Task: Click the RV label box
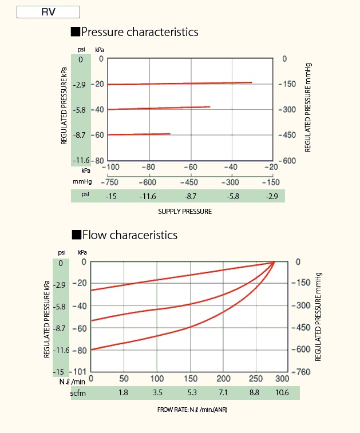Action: tap(48, 11)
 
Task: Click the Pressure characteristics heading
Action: tap(140, 31)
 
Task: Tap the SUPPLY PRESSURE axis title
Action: tap(185, 211)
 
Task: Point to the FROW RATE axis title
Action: tap(196, 410)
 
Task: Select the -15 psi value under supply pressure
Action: tap(112, 196)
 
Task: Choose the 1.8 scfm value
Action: tap(123, 393)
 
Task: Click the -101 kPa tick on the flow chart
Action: tap(80, 373)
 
